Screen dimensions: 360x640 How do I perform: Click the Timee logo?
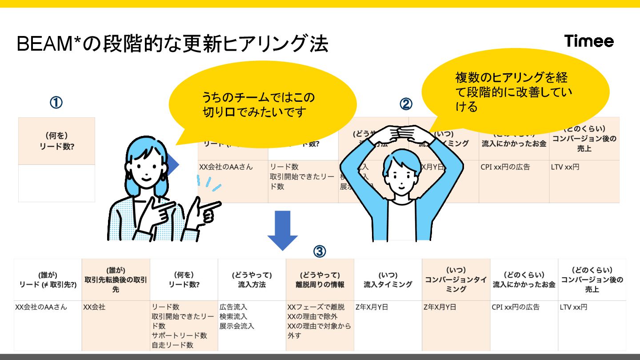point(589,41)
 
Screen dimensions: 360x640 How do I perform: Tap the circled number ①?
point(56,103)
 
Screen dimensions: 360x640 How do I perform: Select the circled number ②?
point(406,104)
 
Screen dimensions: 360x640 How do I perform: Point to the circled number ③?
point(320,252)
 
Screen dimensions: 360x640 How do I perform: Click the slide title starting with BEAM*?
point(172,44)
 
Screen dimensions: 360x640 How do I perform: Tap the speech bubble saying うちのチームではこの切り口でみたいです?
point(262,104)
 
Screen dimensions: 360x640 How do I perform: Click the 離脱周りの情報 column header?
point(320,280)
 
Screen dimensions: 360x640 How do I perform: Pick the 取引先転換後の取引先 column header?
point(116,280)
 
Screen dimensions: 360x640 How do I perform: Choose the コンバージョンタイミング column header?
point(456,280)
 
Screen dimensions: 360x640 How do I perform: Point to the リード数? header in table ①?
point(56,141)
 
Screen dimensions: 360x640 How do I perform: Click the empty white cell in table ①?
point(56,183)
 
